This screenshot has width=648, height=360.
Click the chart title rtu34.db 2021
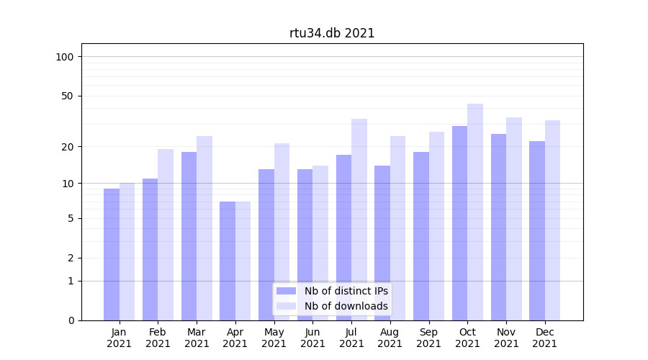(332, 33)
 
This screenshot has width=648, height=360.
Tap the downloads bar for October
(475, 212)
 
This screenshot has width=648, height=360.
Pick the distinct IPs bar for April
(228, 261)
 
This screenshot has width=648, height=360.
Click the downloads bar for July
(359, 220)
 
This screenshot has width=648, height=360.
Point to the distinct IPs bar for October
(460, 223)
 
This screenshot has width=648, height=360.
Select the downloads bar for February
(166, 235)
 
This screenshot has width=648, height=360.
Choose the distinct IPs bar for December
(537, 230)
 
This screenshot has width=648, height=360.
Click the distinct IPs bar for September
(421, 236)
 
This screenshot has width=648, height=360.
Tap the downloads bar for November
(514, 219)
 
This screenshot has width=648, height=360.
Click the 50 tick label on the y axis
(68, 96)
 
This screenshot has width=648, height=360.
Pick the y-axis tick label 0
(71, 320)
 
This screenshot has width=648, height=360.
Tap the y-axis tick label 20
(68, 147)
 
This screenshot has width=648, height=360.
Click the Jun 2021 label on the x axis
(312, 338)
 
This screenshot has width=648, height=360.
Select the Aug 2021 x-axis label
(390, 338)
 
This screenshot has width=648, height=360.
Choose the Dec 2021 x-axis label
(545, 338)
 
